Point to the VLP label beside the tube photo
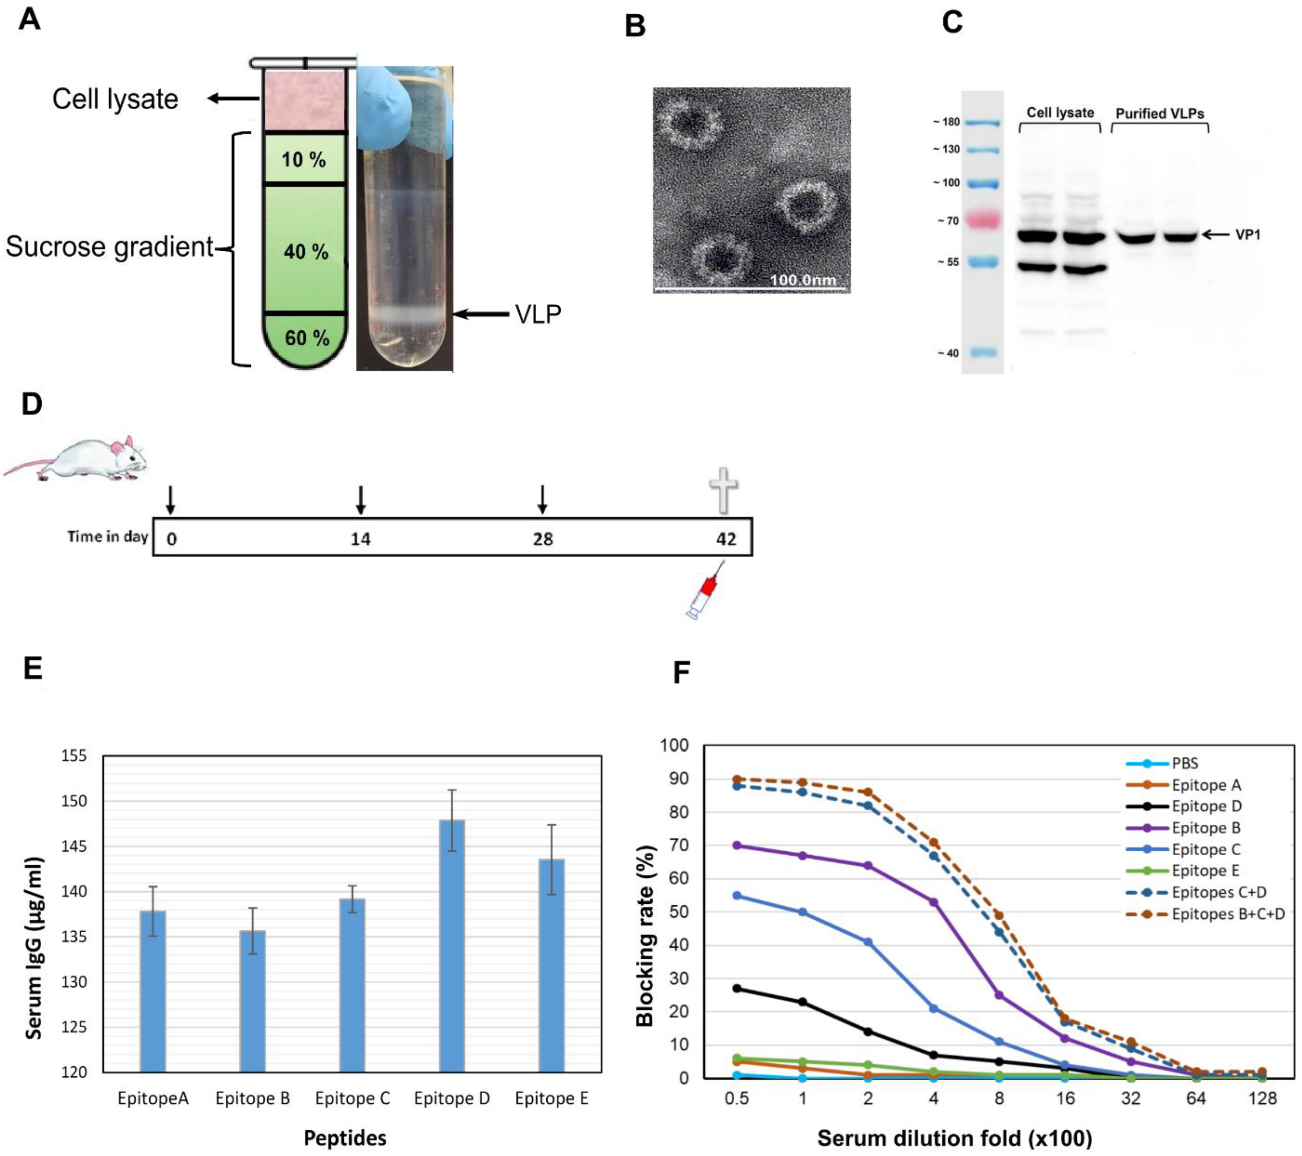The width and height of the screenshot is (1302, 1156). click(x=538, y=314)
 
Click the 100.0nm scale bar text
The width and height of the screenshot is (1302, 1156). click(x=802, y=280)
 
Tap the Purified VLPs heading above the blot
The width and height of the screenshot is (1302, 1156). click(x=1159, y=113)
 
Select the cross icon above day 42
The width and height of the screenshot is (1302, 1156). click(x=724, y=489)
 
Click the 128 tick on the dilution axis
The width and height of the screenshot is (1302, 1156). click(x=1262, y=1099)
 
